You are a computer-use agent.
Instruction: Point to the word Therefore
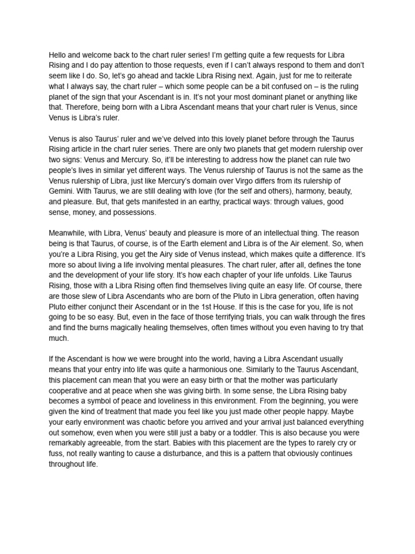82,108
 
